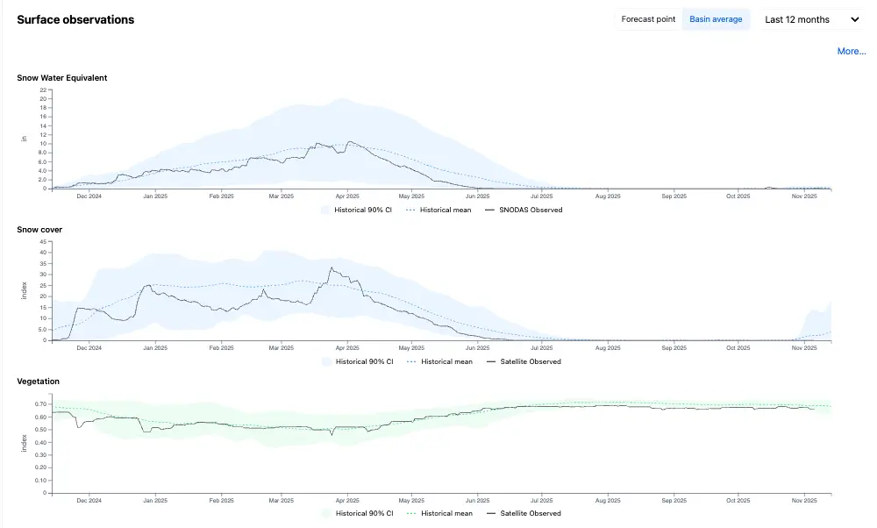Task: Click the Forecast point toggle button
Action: (x=648, y=19)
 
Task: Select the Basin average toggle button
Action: (x=716, y=19)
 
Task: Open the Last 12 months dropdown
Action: (x=811, y=19)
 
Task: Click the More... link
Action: (x=852, y=51)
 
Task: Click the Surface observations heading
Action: (x=75, y=19)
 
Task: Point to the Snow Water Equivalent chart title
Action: (x=62, y=78)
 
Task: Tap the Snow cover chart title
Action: (x=39, y=229)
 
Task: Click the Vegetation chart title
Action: (x=38, y=382)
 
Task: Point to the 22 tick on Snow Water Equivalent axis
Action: (x=43, y=89)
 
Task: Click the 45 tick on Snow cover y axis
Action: (x=43, y=241)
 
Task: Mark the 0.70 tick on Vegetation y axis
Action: (x=41, y=403)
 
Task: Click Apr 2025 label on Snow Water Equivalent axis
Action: (x=347, y=196)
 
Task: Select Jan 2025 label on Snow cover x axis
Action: (x=155, y=348)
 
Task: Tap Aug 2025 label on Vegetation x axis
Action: (x=608, y=501)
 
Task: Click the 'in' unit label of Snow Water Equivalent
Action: (x=24, y=139)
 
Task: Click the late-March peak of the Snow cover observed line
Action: (x=332, y=268)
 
